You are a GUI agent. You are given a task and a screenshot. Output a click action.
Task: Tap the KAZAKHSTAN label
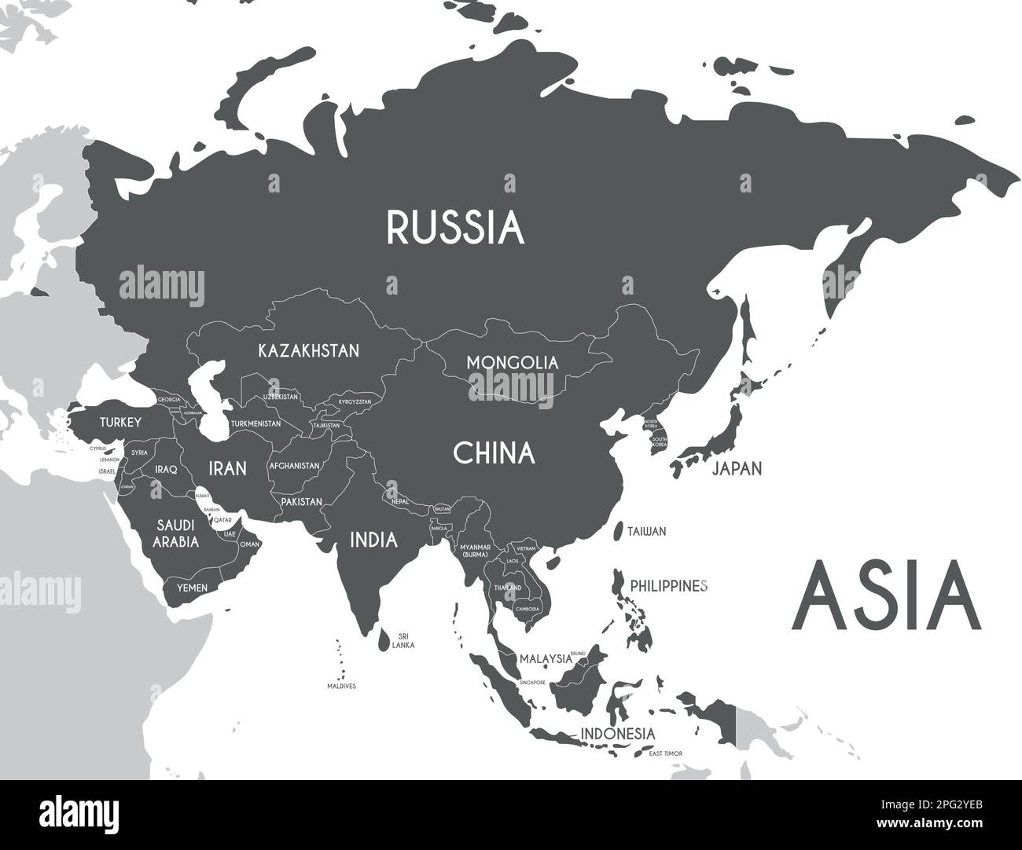[309, 350]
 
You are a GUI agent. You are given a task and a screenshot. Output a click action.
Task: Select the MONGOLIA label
[512, 363]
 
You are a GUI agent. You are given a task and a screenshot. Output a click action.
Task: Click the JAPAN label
[737, 469]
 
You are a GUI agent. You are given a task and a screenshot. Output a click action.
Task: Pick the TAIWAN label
[646, 532]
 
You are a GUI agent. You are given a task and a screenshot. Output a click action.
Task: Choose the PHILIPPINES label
[670, 586]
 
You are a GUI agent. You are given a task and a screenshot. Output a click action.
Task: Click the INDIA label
[373, 540]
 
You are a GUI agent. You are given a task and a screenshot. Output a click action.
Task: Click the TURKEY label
[120, 423]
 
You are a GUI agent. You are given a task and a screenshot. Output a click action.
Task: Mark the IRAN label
[227, 469]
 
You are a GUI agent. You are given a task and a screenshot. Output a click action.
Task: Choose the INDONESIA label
[617, 733]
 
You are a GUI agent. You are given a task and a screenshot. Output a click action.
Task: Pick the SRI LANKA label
[404, 640]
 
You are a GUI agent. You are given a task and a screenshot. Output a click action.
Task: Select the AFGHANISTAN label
[295, 466]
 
